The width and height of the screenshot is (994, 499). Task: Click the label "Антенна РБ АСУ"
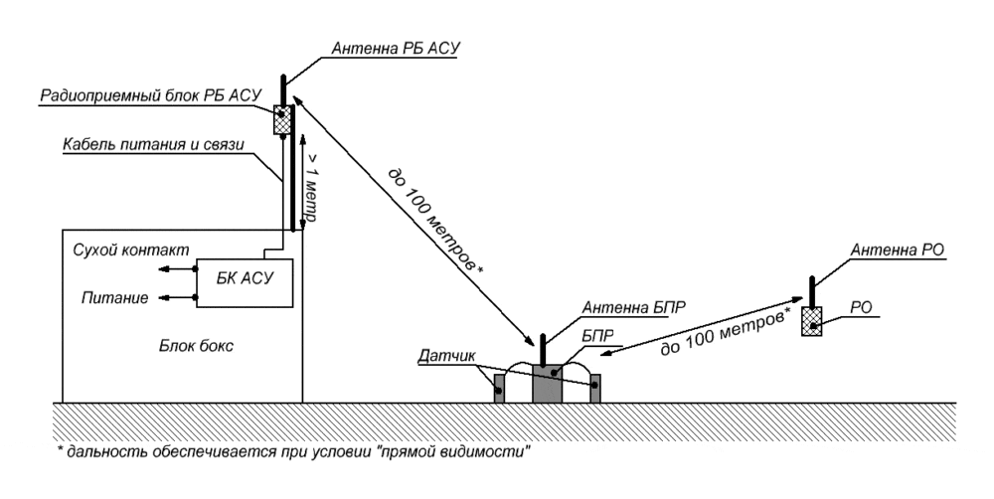(x=395, y=49)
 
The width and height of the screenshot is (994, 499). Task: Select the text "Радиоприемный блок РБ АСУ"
(x=151, y=95)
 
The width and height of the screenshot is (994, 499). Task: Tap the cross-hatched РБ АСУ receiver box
(x=282, y=120)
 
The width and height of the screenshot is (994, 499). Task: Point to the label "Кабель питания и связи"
(x=153, y=145)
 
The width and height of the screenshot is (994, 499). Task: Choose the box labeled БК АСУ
(x=245, y=282)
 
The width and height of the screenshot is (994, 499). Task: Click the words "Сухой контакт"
(x=131, y=249)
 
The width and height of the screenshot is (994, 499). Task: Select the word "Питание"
(x=114, y=297)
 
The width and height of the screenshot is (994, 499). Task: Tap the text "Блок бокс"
(x=196, y=346)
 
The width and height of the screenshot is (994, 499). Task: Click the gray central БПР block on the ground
(x=547, y=383)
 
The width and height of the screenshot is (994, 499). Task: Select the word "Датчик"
(x=446, y=356)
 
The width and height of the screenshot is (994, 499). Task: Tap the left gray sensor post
(x=500, y=388)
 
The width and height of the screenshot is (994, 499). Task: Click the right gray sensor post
(x=595, y=388)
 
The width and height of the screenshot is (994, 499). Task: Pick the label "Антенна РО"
(x=897, y=249)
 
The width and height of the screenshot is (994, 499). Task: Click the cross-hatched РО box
(x=811, y=321)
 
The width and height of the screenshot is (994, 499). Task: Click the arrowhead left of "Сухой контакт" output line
(x=164, y=268)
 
